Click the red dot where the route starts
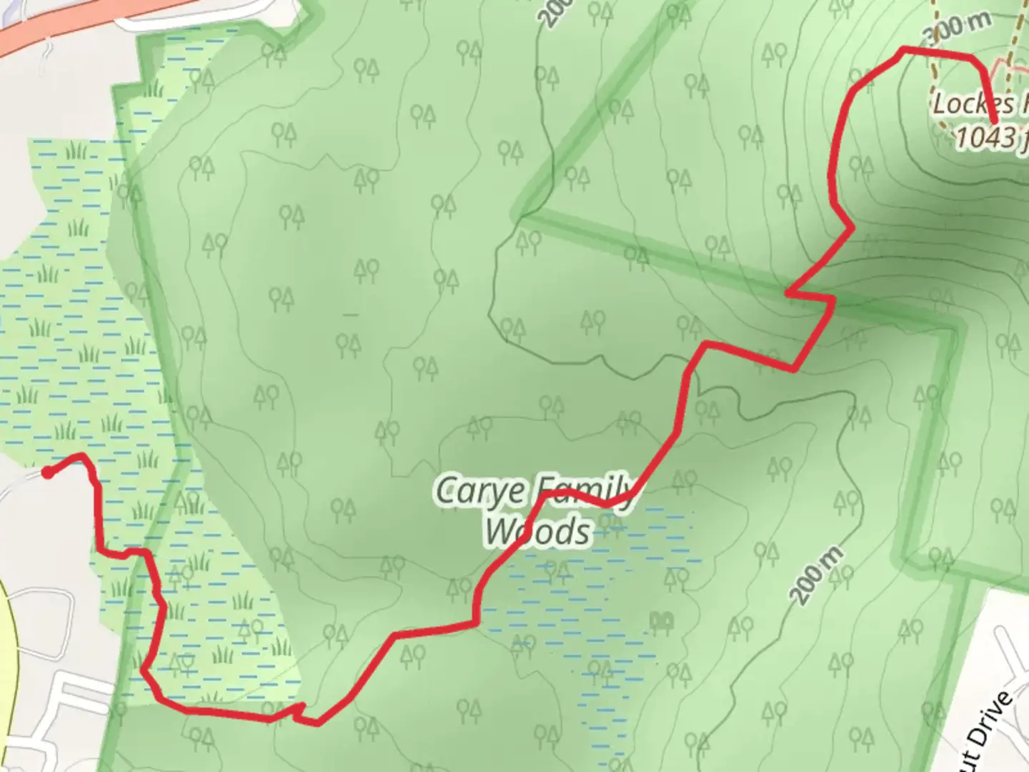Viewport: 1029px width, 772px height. pyautogui.click(x=47, y=472)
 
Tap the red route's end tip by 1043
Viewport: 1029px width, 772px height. pyautogui.click(x=994, y=123)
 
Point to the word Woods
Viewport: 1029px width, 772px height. pyautogui.click(x=539, y=532)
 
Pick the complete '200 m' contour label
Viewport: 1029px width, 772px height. pyautogui.click(x=817, y=576)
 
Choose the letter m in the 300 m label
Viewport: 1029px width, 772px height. pyautogui.click(x=980, y=21)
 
